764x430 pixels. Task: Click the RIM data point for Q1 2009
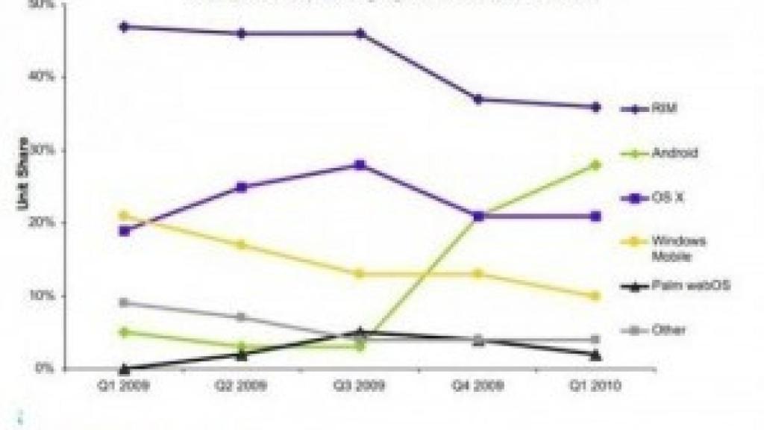click(124, 27)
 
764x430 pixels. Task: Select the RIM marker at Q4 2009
click(477, 99)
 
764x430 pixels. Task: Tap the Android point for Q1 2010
click(595, 165)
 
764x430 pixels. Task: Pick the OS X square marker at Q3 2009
click(360, 165)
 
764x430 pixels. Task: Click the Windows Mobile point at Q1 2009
click(124, 216)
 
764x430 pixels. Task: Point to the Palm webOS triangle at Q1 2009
click(124, 368)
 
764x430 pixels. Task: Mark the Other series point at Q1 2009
click(124, 302)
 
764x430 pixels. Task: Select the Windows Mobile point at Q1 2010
click(595, 296)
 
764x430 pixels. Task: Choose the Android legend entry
click(674, 154)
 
